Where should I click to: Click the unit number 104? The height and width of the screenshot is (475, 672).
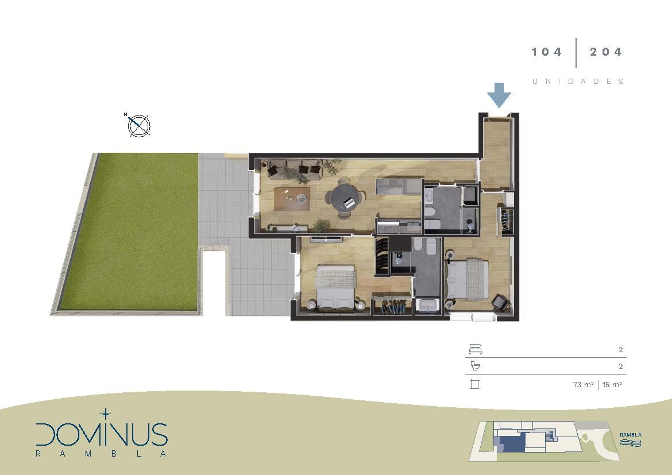546,52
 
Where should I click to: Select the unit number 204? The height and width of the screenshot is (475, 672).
605,52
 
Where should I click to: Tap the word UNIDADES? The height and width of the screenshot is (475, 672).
578,82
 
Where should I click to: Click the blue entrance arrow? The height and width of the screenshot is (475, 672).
499,95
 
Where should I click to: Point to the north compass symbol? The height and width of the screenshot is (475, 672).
138,126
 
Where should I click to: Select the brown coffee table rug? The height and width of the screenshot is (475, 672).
291,199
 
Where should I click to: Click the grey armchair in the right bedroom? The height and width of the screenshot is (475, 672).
500,302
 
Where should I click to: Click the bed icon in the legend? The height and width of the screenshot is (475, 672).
476,349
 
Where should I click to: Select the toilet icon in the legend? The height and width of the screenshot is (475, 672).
476,366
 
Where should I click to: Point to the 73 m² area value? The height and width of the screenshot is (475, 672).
583,385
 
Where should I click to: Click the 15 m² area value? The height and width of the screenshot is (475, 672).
612,385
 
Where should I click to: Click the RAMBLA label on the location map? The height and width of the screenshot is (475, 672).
631,435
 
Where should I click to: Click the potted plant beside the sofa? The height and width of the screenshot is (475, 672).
332,167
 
